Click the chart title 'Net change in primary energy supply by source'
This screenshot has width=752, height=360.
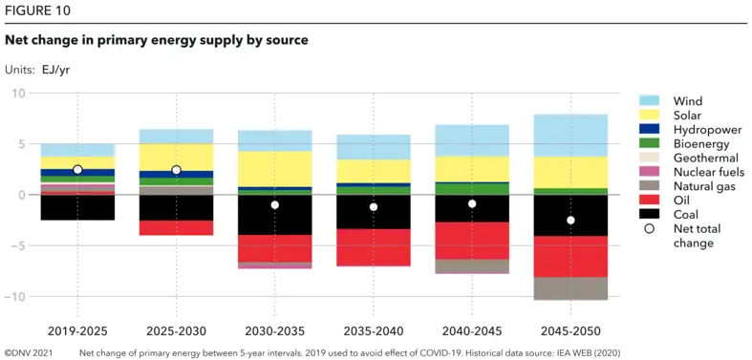pos(157,40)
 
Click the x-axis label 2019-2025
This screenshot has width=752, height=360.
pos(77,330)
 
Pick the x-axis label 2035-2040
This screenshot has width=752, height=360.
pos(373,330)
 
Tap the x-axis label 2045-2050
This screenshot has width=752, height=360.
pos(569,330)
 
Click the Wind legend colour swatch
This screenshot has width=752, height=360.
pos(649,100)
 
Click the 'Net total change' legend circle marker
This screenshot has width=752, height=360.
pos(649,229)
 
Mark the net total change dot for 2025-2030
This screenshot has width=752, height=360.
pos(176,170)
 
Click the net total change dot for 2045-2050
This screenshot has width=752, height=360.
pos(569,221)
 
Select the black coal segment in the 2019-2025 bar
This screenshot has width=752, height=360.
pos(77,207)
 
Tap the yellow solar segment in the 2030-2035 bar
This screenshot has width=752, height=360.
pos(274,169)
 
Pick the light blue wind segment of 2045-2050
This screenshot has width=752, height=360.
pos(569,136)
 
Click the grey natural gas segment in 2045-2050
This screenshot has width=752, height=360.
pos(569,288)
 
